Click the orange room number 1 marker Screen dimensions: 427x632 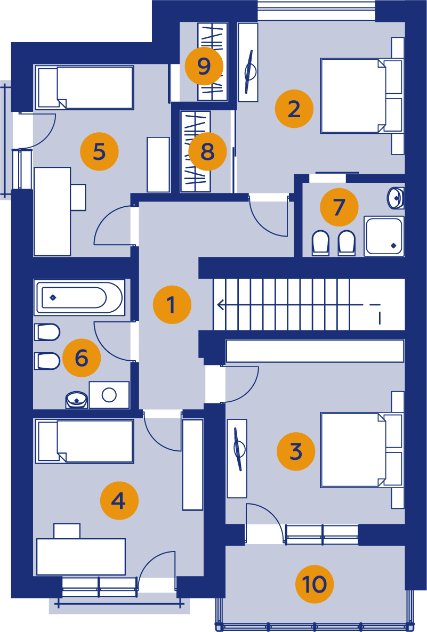point(172,305)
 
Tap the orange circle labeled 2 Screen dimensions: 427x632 point(294,109)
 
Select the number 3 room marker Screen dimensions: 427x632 point(296,451)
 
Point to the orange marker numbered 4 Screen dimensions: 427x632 point(119,500)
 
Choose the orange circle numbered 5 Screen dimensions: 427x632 point(100,151)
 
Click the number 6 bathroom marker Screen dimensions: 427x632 point(82,358)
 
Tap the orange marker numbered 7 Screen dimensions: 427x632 point(339,207)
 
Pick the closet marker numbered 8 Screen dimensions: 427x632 point(208,151)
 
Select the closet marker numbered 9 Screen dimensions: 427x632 point(204,66)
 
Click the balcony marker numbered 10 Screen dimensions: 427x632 point(315,584)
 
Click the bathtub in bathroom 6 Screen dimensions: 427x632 point(79,298)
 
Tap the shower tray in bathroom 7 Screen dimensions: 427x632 point(384,236)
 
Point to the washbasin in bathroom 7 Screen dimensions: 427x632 point(395,198)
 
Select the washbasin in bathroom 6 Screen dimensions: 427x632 point(76,400)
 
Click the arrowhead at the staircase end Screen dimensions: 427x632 point(220,305)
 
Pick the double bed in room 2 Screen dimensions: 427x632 point(361,96)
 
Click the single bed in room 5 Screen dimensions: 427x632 point(85,87)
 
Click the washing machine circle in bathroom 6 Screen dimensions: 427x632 point(109,395)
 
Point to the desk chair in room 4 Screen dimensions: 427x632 point(67,531)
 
